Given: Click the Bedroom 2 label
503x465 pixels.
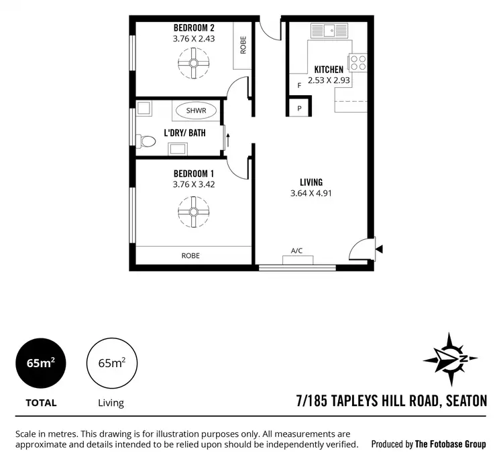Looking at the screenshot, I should [194, 28].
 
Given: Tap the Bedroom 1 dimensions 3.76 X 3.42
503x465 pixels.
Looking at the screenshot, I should [194, 184].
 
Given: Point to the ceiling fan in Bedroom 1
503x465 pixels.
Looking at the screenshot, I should [194, 212].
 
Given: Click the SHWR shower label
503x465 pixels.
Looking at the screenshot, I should [196, 111].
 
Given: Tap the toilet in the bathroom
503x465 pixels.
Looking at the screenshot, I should [144, 141].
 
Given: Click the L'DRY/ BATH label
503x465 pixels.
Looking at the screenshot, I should [184, 133].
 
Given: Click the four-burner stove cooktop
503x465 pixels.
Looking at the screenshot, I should [359, 63].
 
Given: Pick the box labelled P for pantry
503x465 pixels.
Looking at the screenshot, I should [299, 108].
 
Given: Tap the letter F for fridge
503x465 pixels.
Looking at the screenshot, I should [299, 85].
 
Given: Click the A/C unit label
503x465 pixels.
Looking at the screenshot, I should [296, 251].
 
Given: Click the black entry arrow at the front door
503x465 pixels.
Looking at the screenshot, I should [380, 249].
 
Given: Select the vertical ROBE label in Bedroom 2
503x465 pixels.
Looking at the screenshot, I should [243, 45].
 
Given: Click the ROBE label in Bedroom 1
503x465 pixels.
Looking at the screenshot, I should [190, 256].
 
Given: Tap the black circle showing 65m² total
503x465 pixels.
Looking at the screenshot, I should [41, 363].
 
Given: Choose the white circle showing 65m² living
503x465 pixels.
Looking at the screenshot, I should [111, 363].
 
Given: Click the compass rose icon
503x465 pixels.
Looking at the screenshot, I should [451, 356].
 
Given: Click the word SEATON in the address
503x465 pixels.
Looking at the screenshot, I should [464, 401].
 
